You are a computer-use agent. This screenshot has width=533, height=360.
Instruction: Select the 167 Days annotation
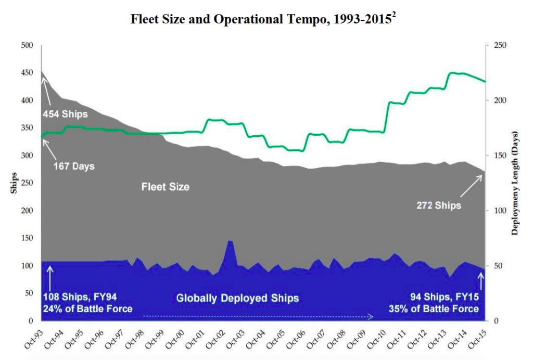(74, 166)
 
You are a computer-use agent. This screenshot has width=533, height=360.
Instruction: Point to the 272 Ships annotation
(439, 205)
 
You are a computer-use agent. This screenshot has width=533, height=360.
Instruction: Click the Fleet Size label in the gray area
(165, 186)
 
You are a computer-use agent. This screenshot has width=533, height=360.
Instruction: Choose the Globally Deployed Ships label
(237, 298)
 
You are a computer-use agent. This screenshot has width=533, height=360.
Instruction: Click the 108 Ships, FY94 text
(80, 297)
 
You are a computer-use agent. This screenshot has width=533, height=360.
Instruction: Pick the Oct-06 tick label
(296, 337)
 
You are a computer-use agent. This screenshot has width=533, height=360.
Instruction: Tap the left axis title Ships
(14, 183)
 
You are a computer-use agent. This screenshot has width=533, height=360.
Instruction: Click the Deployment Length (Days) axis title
(515, 183)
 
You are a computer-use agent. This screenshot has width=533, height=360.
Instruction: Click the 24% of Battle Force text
(87, 308)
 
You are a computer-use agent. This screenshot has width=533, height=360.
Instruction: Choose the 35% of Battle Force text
(433, 308)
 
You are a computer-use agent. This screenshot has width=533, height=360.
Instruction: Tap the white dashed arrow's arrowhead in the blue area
(372, 316)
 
